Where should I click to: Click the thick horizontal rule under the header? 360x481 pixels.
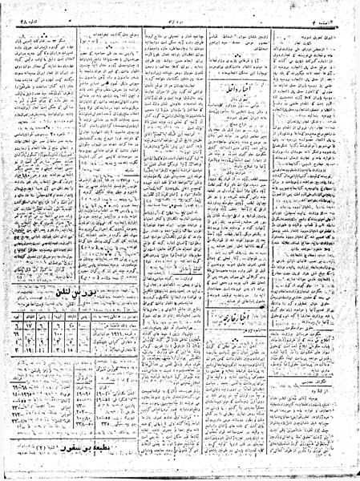[x=180, y=18]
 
